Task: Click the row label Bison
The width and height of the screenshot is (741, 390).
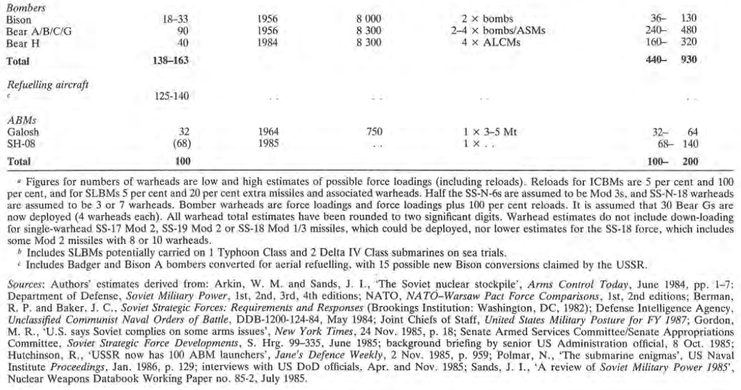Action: (17, 20)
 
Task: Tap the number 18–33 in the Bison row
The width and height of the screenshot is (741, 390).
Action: (174, 20)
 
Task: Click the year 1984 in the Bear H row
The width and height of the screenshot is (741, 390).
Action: (267, 42)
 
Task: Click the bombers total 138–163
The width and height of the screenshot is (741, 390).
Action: (169, 61)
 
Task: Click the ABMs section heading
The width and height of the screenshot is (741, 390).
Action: (18, 121)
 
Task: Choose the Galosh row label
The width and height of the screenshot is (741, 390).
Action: (20, 132)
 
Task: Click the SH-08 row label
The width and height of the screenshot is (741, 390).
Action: (19, 143)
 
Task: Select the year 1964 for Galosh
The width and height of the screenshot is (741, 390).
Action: (267, 132)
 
